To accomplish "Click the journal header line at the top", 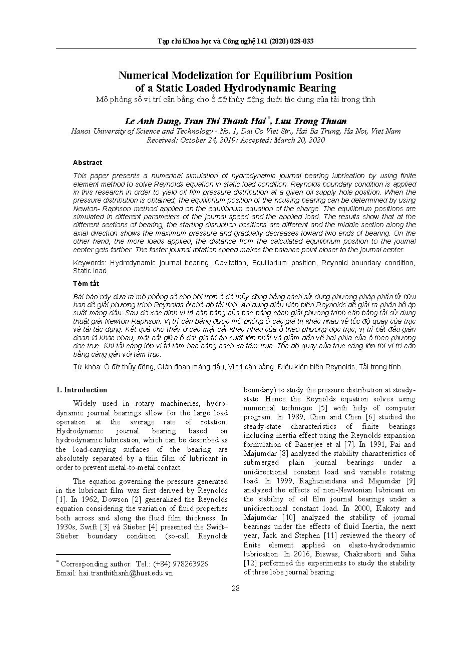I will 235,41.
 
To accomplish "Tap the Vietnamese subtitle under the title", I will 235,99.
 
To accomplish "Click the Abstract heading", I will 87,163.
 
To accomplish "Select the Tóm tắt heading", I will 86,284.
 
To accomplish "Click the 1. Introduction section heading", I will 82,390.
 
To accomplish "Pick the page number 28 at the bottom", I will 236,588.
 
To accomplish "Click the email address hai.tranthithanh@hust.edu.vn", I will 126,573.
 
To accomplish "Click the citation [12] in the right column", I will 250,563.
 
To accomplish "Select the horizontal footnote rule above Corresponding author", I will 113,554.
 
